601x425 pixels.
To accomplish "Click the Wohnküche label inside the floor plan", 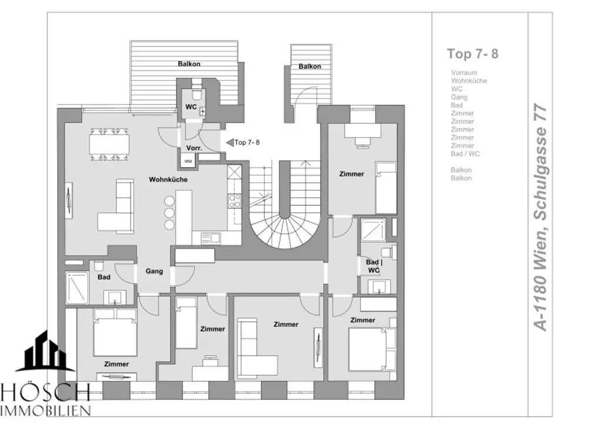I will (168, 179).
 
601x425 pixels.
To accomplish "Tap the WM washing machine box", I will (188, 160).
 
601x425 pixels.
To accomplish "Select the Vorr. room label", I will (194, 149).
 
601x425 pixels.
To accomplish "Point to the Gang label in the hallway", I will (154, 271).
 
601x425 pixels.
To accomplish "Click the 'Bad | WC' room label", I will (374, 266).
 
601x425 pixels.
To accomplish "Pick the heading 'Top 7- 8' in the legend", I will (472, 53).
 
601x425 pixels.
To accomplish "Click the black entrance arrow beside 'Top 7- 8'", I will (229, 142).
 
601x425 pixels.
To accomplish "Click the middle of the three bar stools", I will (170, 213).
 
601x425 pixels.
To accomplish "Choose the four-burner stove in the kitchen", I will (234, 200).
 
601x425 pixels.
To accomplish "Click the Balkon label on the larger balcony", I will (190, 63).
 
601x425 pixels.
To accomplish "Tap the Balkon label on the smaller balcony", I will (309, 66).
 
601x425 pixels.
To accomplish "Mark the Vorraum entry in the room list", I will (464, 73).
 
